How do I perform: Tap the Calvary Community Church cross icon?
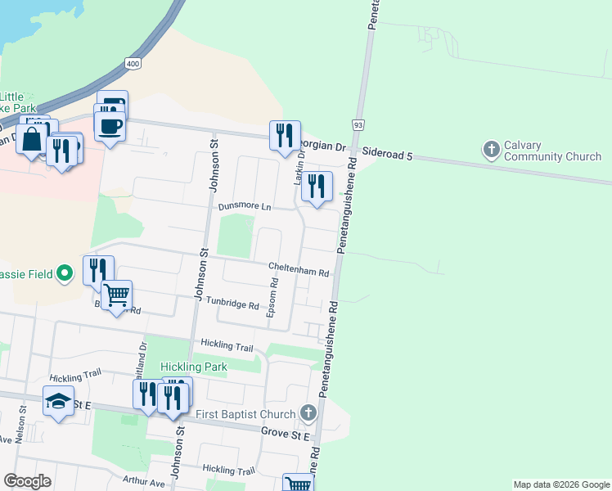point(491,149)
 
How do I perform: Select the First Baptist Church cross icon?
point(308,412)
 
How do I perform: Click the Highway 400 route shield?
point(133,63)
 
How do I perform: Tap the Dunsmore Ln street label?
point(244,207)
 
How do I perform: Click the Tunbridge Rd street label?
point(232,304)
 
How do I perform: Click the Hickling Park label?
point(193,367)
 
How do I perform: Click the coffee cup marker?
point(110,126)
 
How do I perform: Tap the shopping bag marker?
point(32,139)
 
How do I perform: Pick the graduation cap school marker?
point(57,402)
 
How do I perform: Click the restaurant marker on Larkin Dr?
point(316,186)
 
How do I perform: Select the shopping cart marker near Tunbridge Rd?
point(117,295)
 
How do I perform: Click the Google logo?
point(27,481)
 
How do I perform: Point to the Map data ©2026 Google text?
point(560,484)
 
